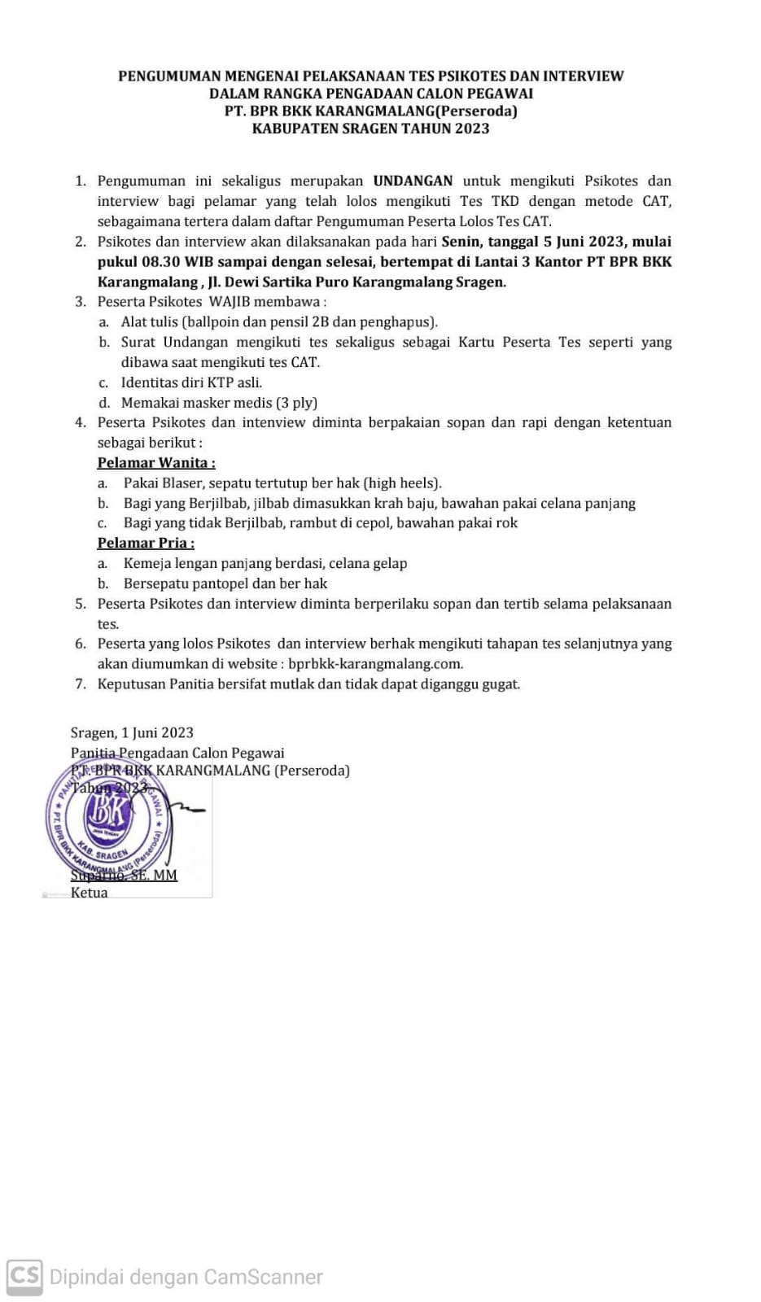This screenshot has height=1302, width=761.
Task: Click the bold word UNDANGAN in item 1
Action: coord(413,181)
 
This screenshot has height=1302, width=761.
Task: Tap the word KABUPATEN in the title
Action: coord(289,129)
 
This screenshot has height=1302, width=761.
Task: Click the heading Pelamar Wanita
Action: coord(156,462)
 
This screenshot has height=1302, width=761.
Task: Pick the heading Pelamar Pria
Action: coord(146,543)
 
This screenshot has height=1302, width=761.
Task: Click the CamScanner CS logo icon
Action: coord(24,1275)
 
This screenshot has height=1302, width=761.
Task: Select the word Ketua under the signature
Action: coord(89,892)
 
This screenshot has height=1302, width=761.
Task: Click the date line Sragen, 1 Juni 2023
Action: coord(132,732)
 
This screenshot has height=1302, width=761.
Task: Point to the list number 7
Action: coord(80,684)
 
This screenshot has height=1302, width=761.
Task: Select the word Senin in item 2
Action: coord(461,241)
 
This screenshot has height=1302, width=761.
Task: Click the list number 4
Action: coord(80,422)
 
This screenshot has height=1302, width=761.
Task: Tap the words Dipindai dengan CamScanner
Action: coord(186,1277)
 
